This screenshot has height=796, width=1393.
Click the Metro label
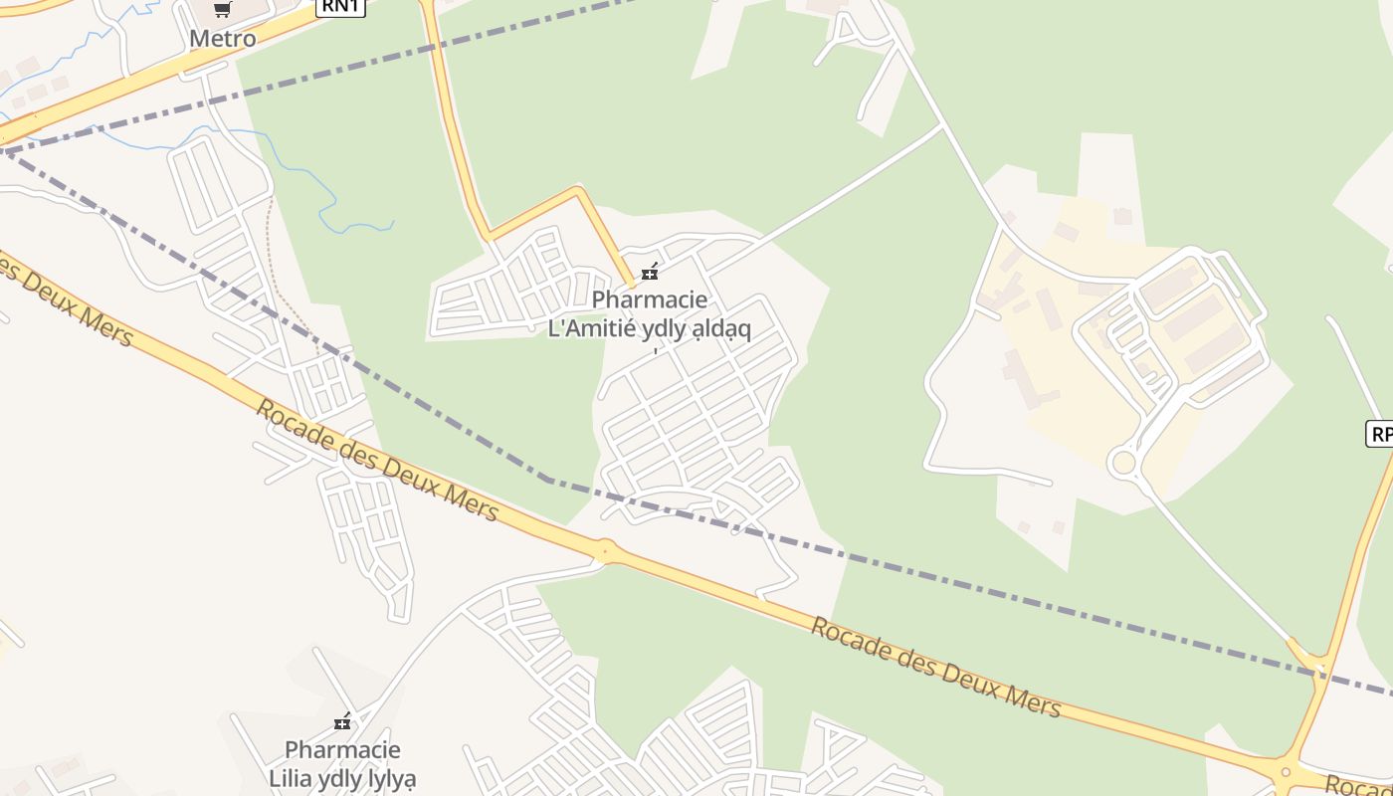(223, 39)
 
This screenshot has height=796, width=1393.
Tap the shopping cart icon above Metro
(223, 10)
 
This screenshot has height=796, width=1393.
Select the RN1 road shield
(341, 6)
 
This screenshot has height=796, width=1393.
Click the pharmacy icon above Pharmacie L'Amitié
(650, 272)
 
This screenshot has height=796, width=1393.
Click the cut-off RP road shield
(1380, 434)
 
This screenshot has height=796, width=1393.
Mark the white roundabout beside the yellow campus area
(1123, 463)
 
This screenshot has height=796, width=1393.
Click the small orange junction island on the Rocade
(604, 548)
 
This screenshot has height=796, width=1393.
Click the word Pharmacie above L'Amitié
(650, 299)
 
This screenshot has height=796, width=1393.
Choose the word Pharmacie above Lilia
(342, 750)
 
